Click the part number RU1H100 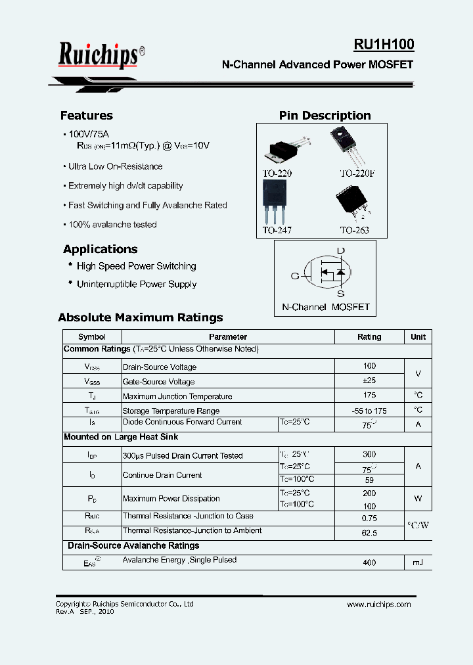point(384,45)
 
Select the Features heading point(87,116)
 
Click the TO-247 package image point(275,201)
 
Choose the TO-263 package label point(354,231)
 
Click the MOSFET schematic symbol point(325,272)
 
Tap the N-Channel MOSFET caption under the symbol point(325,307)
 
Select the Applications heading point(101,249)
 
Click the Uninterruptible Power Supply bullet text point(137,285)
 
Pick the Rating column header point(369,336)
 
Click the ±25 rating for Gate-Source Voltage point(369,381)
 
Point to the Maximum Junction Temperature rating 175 point(369,396)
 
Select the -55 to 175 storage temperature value point(369,410)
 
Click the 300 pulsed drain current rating point(369,454)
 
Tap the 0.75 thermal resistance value point(369,517)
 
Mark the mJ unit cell point(418,562)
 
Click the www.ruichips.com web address point(378,605)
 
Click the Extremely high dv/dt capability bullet point(125,186)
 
